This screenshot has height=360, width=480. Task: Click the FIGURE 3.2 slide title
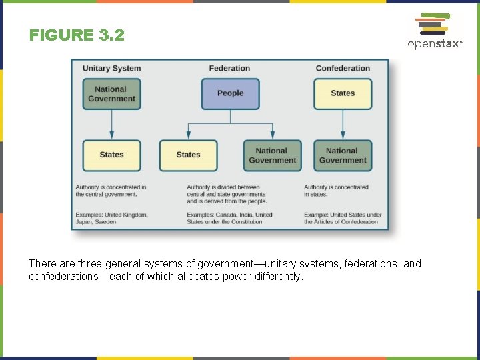(x=77, y=35)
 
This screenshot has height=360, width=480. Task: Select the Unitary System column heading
(x=111, y=68)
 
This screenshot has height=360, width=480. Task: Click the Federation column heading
(x=229, y=68)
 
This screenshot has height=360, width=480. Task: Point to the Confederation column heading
(x=343, y=68)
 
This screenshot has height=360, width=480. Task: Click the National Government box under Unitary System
(x=111, y=94)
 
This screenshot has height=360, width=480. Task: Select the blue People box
(x=230, y=93)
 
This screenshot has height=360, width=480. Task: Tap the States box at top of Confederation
(x=343, y=93)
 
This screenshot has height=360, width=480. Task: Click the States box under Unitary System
(x=111, y=155)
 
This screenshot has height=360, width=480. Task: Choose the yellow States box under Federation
(x=188, y=155)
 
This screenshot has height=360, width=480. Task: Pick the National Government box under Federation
(x=272, y=155)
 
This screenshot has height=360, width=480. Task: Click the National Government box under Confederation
(x=343, y=155)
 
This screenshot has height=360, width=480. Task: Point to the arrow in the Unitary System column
(x=111, y=125)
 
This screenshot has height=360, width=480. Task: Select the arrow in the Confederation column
(x=343, y=125)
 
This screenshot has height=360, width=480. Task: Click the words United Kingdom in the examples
(x=125, y=215)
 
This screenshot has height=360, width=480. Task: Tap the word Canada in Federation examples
(x=226, y=215)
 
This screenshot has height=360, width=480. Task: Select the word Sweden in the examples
(x=105, y=222)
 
